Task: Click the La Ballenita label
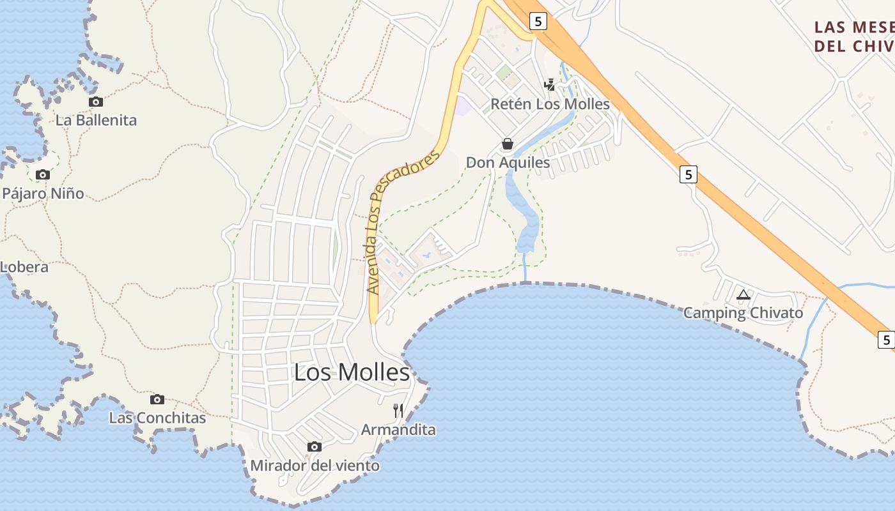tap(96, 120)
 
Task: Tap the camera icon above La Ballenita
tap(95, 102)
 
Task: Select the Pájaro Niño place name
tap(43, 193)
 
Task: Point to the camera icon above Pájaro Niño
tap(43, 174)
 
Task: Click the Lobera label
tap(24, 266)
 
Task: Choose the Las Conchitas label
tap(157, 418)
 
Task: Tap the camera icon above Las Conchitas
tap(157, 399)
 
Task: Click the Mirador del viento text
tap(315, 466)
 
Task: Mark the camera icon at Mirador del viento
tap(314, 446)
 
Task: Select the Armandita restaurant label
tap(398, 429)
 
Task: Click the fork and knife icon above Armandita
tap(398, 410)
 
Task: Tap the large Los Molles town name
tap(352, 372)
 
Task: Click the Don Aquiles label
tap(508, 162)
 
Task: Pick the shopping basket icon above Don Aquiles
tap(508, 144)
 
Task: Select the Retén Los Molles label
tap(550, 103)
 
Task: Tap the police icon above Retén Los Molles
tap(549, 84)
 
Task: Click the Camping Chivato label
tap(743, 313)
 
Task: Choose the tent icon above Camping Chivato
tap(743, 294)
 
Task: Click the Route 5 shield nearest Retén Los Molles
tap(538, 22)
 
